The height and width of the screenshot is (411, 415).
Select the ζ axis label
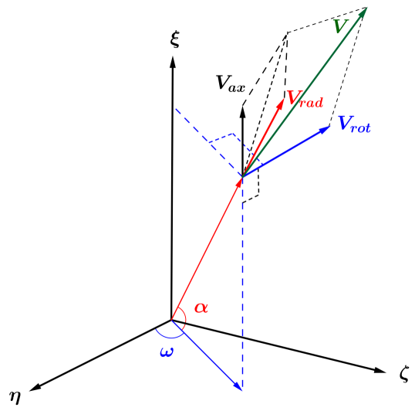pyautogui.click(x=403, y=374)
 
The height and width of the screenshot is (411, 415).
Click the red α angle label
pyautogui.click(x=201, y=307)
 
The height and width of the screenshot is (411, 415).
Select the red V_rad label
pyautogui.click(x=304, y=98)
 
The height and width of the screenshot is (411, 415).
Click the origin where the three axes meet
pyautogui.click(x=170, y=319)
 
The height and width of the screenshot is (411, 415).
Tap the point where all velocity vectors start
pyautogui.click(x=242, y=176)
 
